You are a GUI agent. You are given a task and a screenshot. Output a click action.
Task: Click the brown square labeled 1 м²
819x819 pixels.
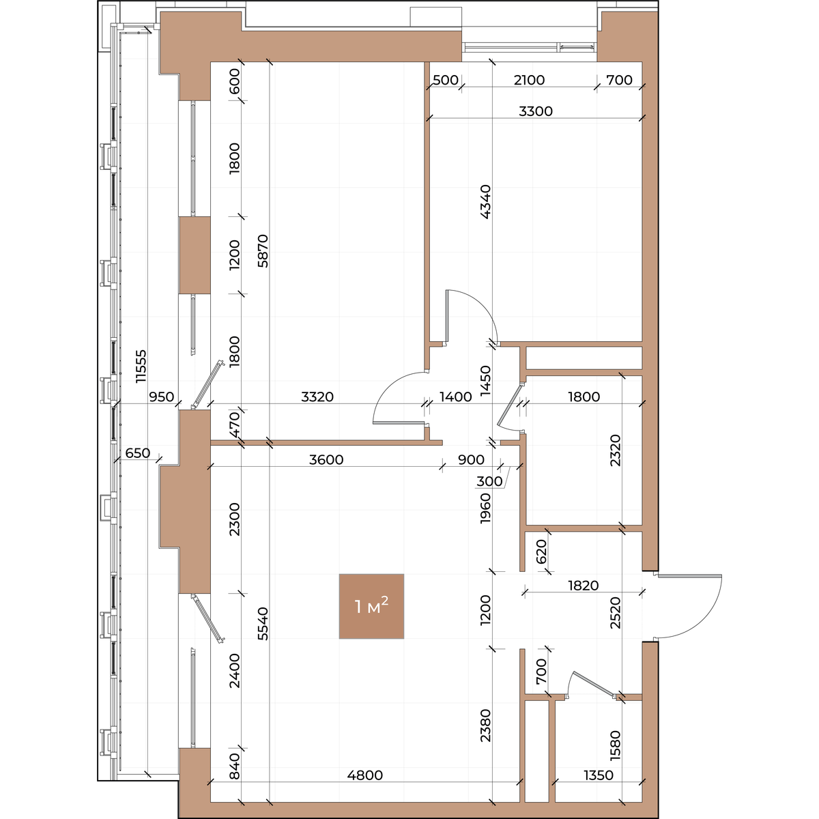[x=371, y=607]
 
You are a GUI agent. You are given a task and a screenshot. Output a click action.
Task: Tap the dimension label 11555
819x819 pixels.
[x=141, y=367]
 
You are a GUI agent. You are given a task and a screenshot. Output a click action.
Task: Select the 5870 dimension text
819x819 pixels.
[x=263, y=250]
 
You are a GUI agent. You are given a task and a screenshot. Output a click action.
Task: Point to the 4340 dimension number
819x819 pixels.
[x=485, y=202]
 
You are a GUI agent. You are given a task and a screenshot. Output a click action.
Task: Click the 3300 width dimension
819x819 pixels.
[x=536, y=111]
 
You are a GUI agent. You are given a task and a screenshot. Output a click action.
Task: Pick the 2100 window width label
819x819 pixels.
[x=529, y=80]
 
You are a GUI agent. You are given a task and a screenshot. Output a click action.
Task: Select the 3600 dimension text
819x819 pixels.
[x=326, y=459]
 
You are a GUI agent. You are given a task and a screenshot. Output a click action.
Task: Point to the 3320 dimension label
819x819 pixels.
[x=317, y=397]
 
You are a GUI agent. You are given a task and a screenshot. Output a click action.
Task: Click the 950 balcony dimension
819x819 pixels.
[x=162, y=397]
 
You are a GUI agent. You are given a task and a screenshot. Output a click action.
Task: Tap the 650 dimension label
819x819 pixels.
[x=138, y=453]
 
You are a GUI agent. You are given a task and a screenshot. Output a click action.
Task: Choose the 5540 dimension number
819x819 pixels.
[x=263, y=624]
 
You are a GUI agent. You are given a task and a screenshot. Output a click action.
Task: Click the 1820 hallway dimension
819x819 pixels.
[x=583, y=586]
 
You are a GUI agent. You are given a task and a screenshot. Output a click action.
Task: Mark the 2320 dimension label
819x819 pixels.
[x=615, y=450]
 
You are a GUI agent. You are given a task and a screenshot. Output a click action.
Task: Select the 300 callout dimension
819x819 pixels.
[x=489, y=481]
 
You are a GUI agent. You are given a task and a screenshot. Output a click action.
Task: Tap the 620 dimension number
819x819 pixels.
[x=541, y=551]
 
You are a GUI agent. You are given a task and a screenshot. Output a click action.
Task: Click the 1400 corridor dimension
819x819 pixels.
[x=455, y=397]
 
